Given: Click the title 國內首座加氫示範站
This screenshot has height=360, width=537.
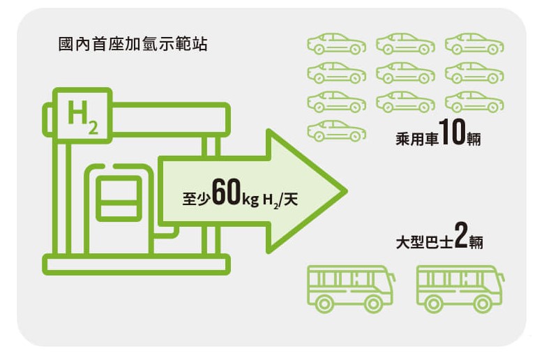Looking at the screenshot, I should tap(133, 45).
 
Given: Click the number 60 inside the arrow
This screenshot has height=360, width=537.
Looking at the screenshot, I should tap(225, 193).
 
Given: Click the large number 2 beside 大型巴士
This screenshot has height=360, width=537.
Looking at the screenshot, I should tap(460, 237).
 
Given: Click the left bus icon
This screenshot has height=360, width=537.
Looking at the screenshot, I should tap(351, 287).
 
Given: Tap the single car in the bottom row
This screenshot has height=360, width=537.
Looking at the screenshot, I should tap(337, 130).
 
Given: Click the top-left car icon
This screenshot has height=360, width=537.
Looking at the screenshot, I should tap(337, 43).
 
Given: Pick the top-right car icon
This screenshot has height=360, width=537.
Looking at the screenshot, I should tap(474, 43).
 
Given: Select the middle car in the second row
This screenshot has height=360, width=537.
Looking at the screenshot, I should tap(405, 73).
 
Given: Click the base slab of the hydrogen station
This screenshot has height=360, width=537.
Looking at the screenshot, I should tap(136, 264).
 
